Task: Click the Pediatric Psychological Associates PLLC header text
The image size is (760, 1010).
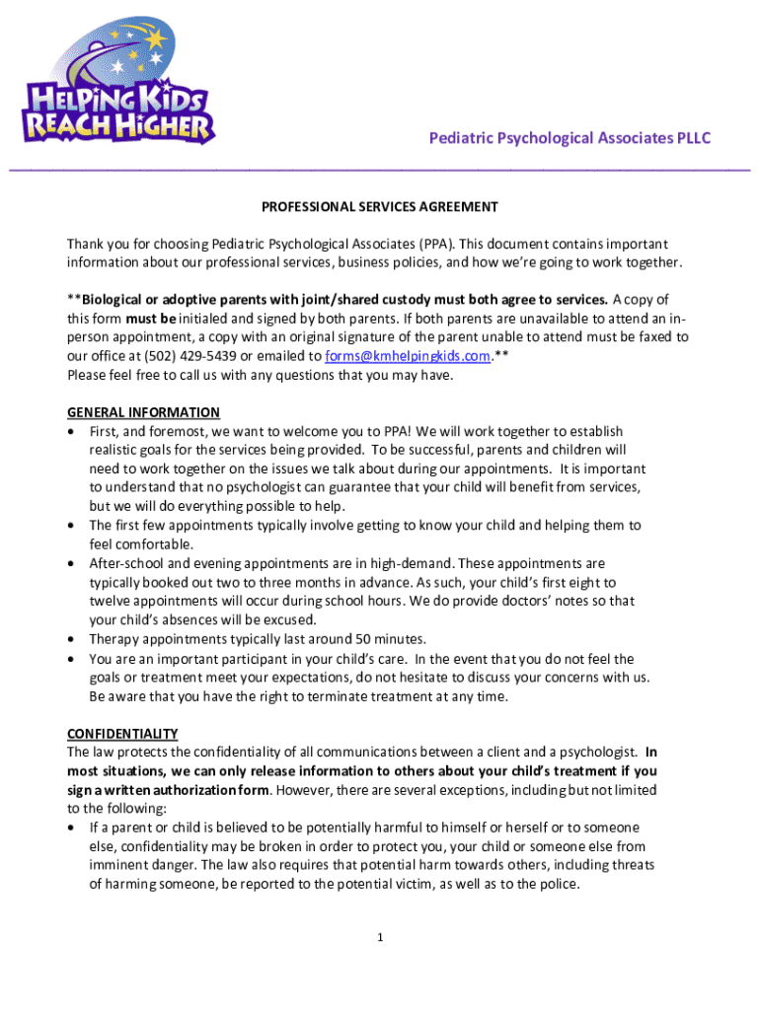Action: pyautogui.click(x=570, y=138)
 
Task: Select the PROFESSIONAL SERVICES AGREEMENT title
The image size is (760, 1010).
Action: pyautogui.click(x=379, y=207)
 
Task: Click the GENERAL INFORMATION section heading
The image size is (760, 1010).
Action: pyautogui.click(x=143, y=412)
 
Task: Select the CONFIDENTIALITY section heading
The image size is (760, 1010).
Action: pyautogui.click(x=122, y=733)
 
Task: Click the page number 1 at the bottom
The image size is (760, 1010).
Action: pyautogui.click(x=379, y=937)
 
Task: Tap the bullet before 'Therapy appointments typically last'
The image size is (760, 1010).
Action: pyautogui.click(x=71, y=639)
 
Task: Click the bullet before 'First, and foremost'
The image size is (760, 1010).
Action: pyautogui.click(x=71, y=432)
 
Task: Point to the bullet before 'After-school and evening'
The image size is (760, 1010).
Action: pyautogui.click(x=71, y=563)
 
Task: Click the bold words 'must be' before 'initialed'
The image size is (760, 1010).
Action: pyautogui.click(x=150, y=319)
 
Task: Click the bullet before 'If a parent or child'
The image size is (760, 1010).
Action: pyautogui.click(x=71, y=828)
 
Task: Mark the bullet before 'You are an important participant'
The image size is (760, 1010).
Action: pyautogui.click(x=71, y=659)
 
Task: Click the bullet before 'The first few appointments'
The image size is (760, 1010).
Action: pyautogui.click(x=71, y=526)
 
